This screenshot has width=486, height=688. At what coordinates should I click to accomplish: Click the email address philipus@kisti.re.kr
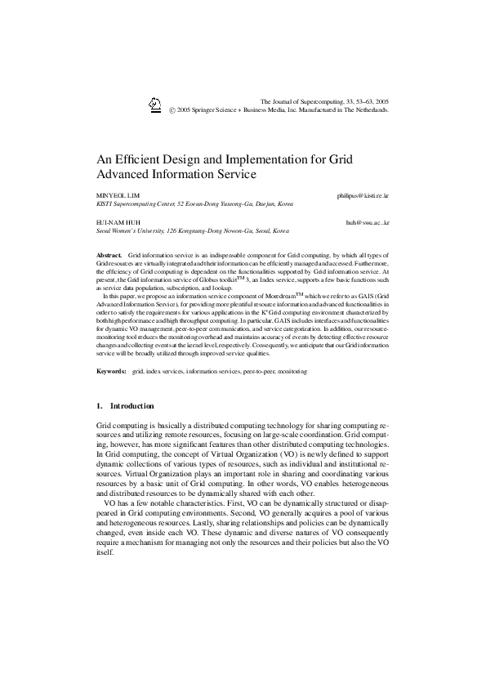[363, 196]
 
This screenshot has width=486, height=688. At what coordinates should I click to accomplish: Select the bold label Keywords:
[111, 372]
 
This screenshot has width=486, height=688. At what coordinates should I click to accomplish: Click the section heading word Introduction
[132, 406]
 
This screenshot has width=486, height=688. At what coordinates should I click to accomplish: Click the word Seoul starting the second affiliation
[105, 231]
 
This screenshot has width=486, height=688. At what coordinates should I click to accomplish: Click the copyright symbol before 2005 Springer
[172, 109]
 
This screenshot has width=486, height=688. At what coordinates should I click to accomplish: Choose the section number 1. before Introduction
[99, 406]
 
